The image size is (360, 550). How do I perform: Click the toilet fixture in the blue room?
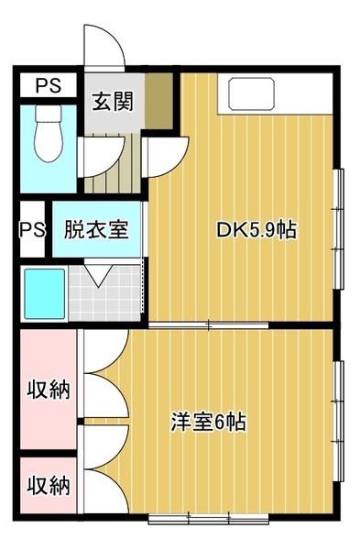(49, 133)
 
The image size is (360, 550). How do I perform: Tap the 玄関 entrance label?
(113, 102)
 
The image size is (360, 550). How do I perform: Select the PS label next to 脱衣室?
(33, 230)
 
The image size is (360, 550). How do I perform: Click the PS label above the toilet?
(49, 85)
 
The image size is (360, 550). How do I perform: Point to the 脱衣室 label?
(96, 229)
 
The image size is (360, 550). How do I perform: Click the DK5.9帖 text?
(256, 230)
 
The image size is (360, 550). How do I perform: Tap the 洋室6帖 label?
(208, 422)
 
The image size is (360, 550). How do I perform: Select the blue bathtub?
(44, 292)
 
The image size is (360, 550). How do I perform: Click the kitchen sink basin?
(251, 94)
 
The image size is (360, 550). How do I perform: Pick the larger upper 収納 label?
(49, 389)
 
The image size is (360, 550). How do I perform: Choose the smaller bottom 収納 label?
(49, 485)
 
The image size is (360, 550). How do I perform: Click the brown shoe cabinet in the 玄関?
(158, 101)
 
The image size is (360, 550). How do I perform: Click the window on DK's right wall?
(338, 228)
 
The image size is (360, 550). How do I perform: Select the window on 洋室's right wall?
(338, 421)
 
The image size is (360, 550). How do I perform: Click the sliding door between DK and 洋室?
(209, 325)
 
